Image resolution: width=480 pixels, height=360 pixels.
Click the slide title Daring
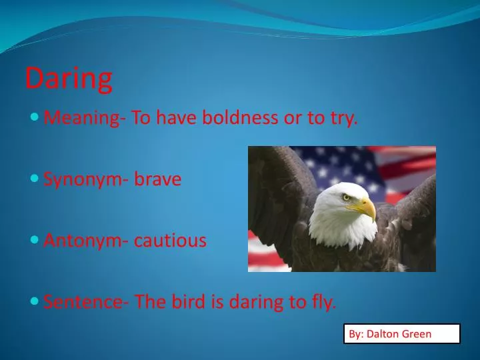69,79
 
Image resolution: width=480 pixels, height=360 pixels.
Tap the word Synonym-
86,179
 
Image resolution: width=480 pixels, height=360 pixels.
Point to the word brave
158,179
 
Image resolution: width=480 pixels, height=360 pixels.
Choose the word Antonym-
86,241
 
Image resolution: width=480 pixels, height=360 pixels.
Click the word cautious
170,241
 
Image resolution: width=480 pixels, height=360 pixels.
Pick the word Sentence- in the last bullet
86,302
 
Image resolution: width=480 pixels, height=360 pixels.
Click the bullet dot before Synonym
35,179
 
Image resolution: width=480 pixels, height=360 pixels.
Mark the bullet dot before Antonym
35,241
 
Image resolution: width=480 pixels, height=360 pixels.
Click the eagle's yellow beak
366,209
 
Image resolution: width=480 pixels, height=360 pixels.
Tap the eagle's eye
346,197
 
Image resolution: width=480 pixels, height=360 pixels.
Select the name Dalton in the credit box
382,334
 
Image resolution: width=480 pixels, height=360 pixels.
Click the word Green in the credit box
417,334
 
